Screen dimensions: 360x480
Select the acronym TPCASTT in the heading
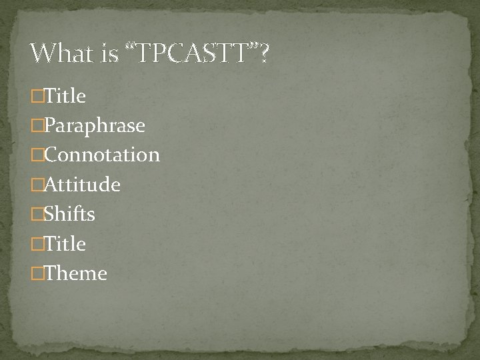[193, 53]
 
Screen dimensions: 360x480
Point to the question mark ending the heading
[265, 53]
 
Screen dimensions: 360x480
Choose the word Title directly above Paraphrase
[63, 96]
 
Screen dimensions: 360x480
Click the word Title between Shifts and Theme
[63, 243]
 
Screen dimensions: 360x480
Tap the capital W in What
[43, 53]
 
